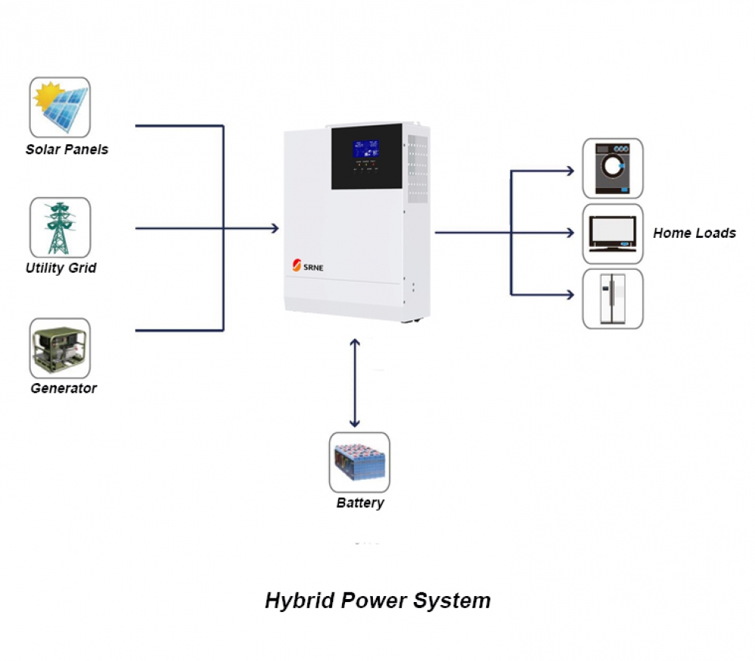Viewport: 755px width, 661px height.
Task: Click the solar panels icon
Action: [x=60, y=107]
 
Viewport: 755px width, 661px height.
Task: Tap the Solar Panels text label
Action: [x=66, y=150]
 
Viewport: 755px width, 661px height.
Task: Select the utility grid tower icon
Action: [x=60, y=227]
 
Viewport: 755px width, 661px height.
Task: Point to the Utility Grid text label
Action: [x=60, y=268]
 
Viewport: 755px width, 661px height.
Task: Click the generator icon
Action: [x=60, y=348]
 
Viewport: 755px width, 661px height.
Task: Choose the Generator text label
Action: [x=63, y=388]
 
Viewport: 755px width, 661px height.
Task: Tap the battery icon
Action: [x=359, y=462]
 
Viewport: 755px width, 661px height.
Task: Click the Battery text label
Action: [x=360, y=503]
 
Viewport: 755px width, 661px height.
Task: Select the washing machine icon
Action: [x=612, y=168]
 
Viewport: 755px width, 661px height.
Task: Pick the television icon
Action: [x=612, y=233]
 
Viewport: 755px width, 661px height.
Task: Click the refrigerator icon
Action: [x=612, y=298]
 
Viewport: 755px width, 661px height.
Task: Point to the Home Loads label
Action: [x=694, y=233]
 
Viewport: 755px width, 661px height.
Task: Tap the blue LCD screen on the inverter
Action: [x=365, y=148]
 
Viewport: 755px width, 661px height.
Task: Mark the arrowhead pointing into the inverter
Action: [x=274, y=228]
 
